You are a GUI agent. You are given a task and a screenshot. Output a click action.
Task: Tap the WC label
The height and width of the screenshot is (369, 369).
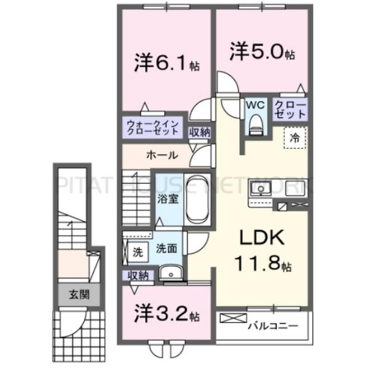coord(255,105)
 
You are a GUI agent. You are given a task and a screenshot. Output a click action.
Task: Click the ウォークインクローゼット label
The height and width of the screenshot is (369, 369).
coord(152,129)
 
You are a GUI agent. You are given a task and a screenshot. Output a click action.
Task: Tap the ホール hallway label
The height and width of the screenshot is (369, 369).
coord(162,155)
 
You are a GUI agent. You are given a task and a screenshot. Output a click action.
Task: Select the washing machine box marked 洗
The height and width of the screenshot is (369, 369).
coord(137,251)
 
